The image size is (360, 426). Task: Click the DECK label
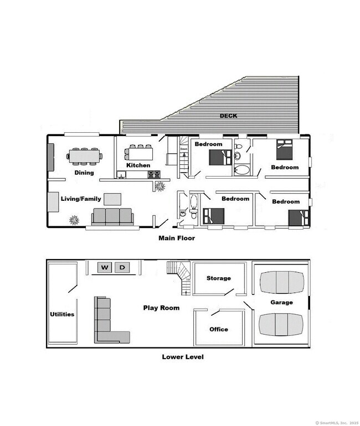(228, 116)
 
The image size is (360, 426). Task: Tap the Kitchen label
(138, 165)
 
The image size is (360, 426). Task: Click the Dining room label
(84, 173)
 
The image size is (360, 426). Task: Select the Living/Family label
(81, 199)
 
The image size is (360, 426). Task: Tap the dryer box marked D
(123, 268)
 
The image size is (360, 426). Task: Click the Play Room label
(161, 308)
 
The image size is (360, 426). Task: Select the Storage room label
(218, 278)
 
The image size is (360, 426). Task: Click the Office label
(218, 330)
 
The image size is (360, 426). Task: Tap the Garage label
(281, 303)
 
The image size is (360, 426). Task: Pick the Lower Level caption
(182, 357)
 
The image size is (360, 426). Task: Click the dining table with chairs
(84, 156)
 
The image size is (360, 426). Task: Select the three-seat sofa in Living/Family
(113, 216)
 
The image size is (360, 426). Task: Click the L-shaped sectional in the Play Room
(108, 324)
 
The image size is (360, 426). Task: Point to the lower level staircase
(181, 275)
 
